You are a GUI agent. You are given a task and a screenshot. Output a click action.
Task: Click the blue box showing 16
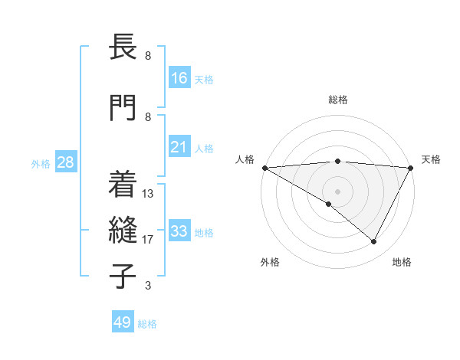[x=179, y=78]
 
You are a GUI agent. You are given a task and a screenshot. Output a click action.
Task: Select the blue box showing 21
[x=179, y=147]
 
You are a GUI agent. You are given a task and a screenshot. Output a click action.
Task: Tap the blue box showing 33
[x=179, y=231]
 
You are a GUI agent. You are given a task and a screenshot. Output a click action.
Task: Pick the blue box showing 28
[x=65, y=162]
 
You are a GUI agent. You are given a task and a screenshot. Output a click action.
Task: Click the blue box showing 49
[x=123, y=322]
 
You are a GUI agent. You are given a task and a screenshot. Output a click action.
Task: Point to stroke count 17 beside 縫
[x=148, y=240]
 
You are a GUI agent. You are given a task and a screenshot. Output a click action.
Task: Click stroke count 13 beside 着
[x=148, y=194]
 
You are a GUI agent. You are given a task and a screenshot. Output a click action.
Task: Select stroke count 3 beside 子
[x=148, y=286]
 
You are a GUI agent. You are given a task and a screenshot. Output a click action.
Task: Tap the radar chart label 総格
[x=337, y=100]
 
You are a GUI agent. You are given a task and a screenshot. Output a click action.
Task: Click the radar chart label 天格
[x=431, y=159]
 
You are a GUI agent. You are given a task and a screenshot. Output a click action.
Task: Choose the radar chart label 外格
[x=270, y=262]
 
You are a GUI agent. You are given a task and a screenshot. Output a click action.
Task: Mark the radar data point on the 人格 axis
[x=264, y=167]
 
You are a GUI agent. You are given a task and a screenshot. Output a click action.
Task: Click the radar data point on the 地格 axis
[x=374, y=241]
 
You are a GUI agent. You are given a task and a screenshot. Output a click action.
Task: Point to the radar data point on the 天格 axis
[x=411, y=167]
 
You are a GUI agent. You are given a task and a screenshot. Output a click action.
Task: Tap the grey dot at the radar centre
[x=337, y=191]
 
